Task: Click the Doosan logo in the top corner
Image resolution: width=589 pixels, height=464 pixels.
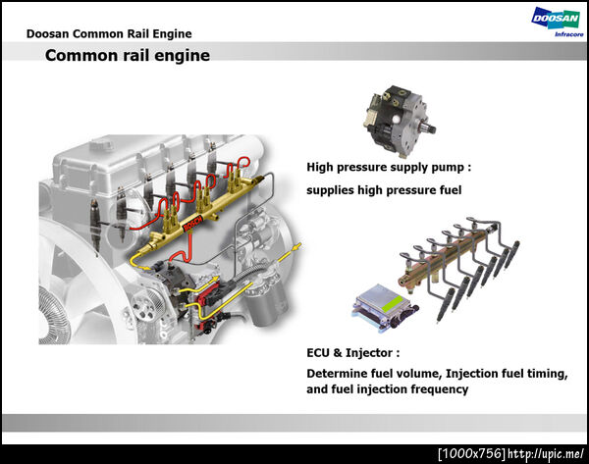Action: click(556, 19)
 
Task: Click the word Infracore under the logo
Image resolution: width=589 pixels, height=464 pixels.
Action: click(568, 34)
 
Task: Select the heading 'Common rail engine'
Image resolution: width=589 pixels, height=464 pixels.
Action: click(128, 56)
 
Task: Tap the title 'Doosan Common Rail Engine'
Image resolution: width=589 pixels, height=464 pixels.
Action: click(109, 33)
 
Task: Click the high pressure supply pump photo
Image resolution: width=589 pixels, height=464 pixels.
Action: click(399, 120)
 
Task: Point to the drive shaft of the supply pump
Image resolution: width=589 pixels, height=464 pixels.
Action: click(428, 129)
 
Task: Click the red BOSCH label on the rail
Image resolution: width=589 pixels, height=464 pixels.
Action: click(193, 224)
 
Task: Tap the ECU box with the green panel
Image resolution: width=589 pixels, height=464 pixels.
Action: click(385, 307)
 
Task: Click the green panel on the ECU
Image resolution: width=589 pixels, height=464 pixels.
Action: click(394, 303)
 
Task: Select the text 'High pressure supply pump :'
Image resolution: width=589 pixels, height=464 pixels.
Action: click(389, 167)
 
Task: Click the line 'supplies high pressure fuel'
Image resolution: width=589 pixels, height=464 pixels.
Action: click(384, 190)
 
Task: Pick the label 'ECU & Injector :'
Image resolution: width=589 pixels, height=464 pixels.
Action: click(353, 353)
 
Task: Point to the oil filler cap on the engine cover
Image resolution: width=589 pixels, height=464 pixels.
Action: click(101, 144)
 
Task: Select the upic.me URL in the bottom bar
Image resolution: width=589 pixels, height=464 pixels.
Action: click(546, 453)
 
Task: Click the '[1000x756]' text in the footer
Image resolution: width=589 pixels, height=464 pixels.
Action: click(472, 453)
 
